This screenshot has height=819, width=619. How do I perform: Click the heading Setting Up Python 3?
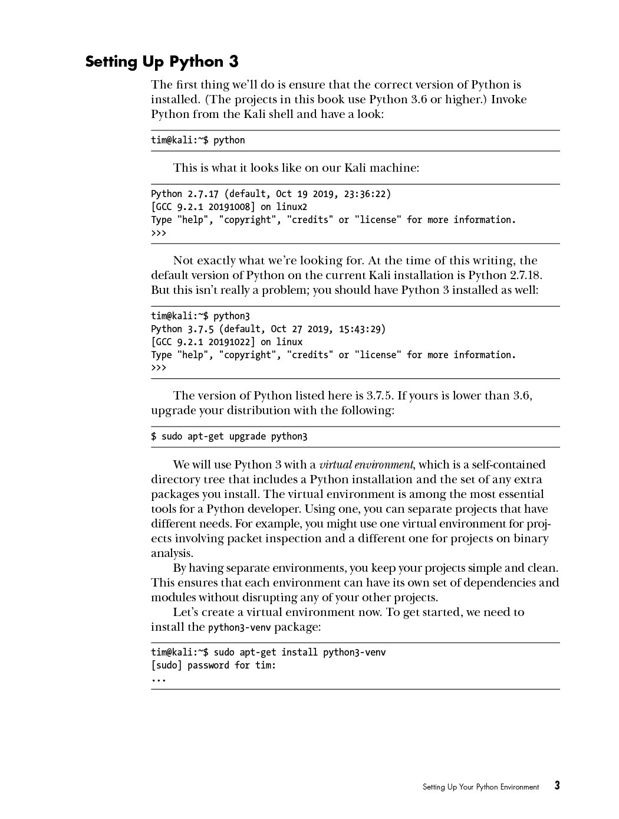click(x=162, y=62)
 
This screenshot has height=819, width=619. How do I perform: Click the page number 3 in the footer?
click(x=557, y=785)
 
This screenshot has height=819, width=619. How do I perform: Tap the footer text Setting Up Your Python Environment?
click(x=480, y=787)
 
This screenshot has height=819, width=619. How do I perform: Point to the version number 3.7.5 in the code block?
click(x=200, y=329)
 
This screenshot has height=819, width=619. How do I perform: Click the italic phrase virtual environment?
click(x=366, y=464)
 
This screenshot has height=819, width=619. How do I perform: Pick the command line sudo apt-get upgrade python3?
click(x=229, y=437)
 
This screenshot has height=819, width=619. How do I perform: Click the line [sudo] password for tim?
click(x=213, y=665)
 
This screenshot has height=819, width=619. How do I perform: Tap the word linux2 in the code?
click(x=292, y=207)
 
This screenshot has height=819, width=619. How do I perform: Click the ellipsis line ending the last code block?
click(x=159, y=679)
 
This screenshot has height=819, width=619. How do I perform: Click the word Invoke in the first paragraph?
click(x=509, y=99)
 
